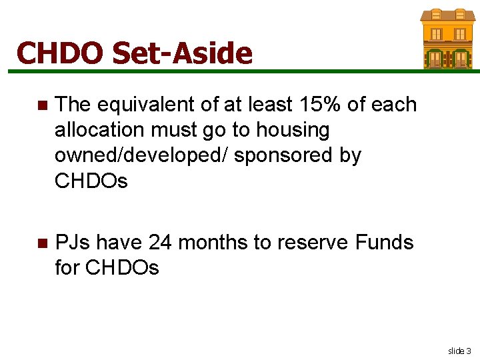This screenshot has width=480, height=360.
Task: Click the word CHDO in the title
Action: click(59, 53)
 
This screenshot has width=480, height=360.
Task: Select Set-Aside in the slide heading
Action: click(183, 53)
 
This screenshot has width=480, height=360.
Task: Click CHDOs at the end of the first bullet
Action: click(91, 181)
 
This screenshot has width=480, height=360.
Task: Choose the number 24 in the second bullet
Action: click(161, 242)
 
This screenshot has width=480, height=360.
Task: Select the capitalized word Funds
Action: click(384, 242)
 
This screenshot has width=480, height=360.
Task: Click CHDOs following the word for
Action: click(123, 267)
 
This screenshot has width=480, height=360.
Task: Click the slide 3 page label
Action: click(459, 350)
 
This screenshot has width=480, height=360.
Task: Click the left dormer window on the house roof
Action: click(436, 14)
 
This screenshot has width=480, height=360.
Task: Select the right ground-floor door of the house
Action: click(460, 59)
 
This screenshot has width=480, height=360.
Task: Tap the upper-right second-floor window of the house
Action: click(460, 34)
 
